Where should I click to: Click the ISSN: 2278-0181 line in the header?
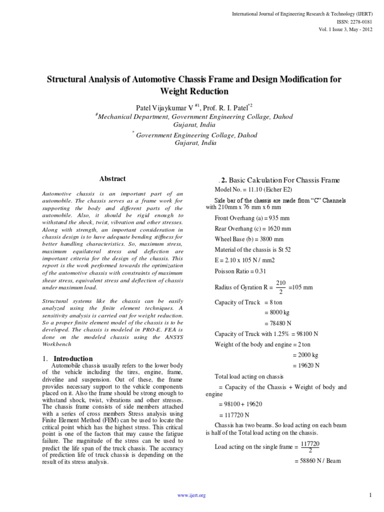[x=357, y=22]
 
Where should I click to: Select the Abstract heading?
[x=112, y=178]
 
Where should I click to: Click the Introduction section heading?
[x=73, y=358]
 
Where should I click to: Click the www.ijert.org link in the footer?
[x=192, y=495]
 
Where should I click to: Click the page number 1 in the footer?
[x=370, y=495]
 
